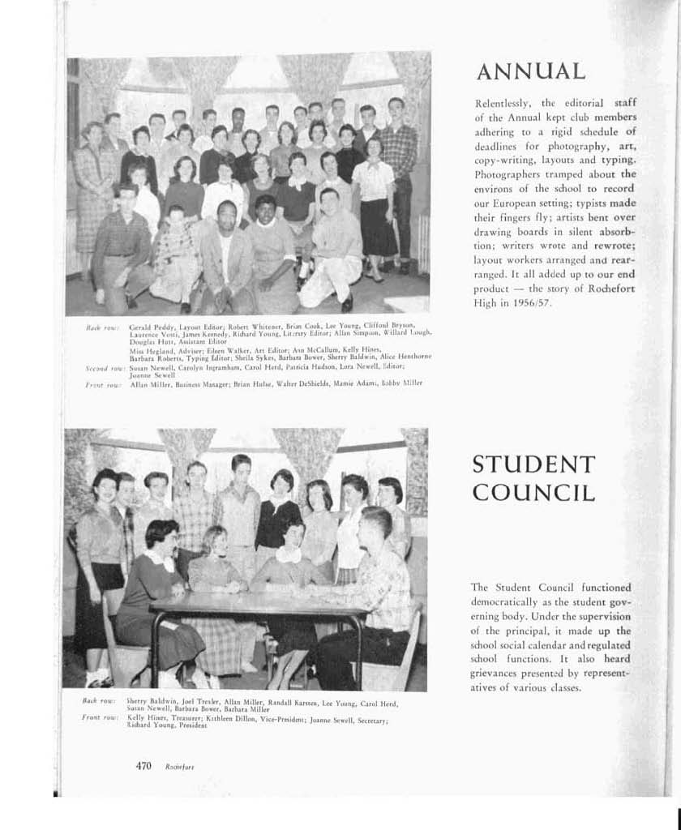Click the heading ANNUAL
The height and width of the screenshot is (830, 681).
click(530, 71)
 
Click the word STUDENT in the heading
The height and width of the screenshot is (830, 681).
click(533, 465)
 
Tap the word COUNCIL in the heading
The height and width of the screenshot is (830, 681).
click(533, 493)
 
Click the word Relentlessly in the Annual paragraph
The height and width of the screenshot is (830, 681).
click(503, 103)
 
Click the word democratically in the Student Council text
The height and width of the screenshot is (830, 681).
click(511, 602)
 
